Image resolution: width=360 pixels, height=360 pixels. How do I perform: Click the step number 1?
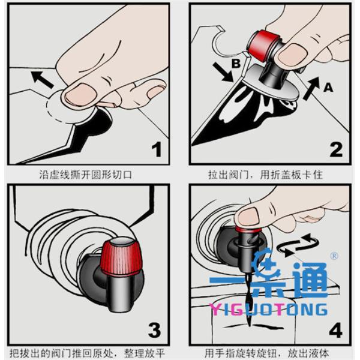tap(157, 149)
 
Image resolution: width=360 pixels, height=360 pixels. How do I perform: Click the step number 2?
tap(336, 149)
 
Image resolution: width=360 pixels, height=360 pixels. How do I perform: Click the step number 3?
tap(155, 330)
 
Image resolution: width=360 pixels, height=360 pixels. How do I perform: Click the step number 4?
tap(335, 330)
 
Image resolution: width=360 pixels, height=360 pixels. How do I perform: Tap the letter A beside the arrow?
tap(328, 88)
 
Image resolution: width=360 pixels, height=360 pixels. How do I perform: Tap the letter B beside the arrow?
tap(236, 64)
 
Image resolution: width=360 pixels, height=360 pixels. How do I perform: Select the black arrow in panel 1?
tap(42, 79)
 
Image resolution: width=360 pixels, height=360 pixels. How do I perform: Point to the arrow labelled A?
tap(311, 88)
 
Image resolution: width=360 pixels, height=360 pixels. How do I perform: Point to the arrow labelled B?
tap(223, 73)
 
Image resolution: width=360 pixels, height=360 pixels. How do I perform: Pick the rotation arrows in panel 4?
tap(298, 245)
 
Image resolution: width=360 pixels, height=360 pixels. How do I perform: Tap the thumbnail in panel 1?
tap(80, 94)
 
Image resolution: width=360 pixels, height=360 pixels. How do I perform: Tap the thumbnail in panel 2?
tap(292, 54)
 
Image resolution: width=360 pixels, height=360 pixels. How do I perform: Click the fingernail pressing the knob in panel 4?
tap(248, 217)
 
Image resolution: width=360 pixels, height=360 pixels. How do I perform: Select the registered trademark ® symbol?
tap(334, 256)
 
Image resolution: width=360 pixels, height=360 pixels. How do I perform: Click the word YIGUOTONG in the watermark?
tap(268, 310)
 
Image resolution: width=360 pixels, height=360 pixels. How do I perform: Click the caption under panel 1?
tap(86, 175)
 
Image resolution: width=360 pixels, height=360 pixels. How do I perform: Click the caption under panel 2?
tap(265, 175)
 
